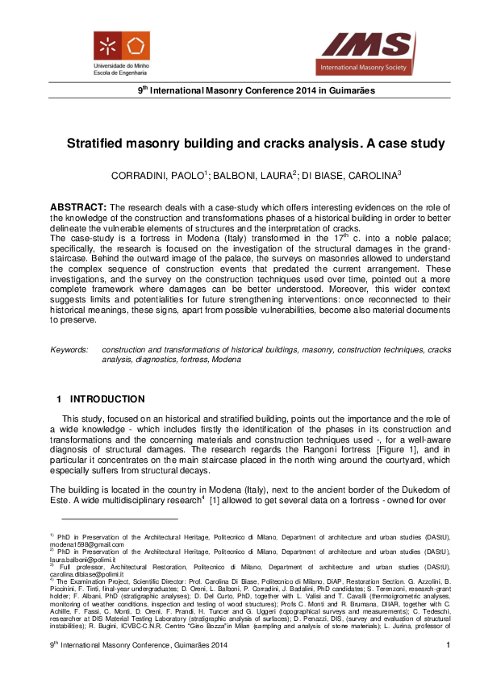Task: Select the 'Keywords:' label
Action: coord(69,350)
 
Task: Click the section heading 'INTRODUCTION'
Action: coord(107,399)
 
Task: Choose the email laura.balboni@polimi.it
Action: coord(85,560)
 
